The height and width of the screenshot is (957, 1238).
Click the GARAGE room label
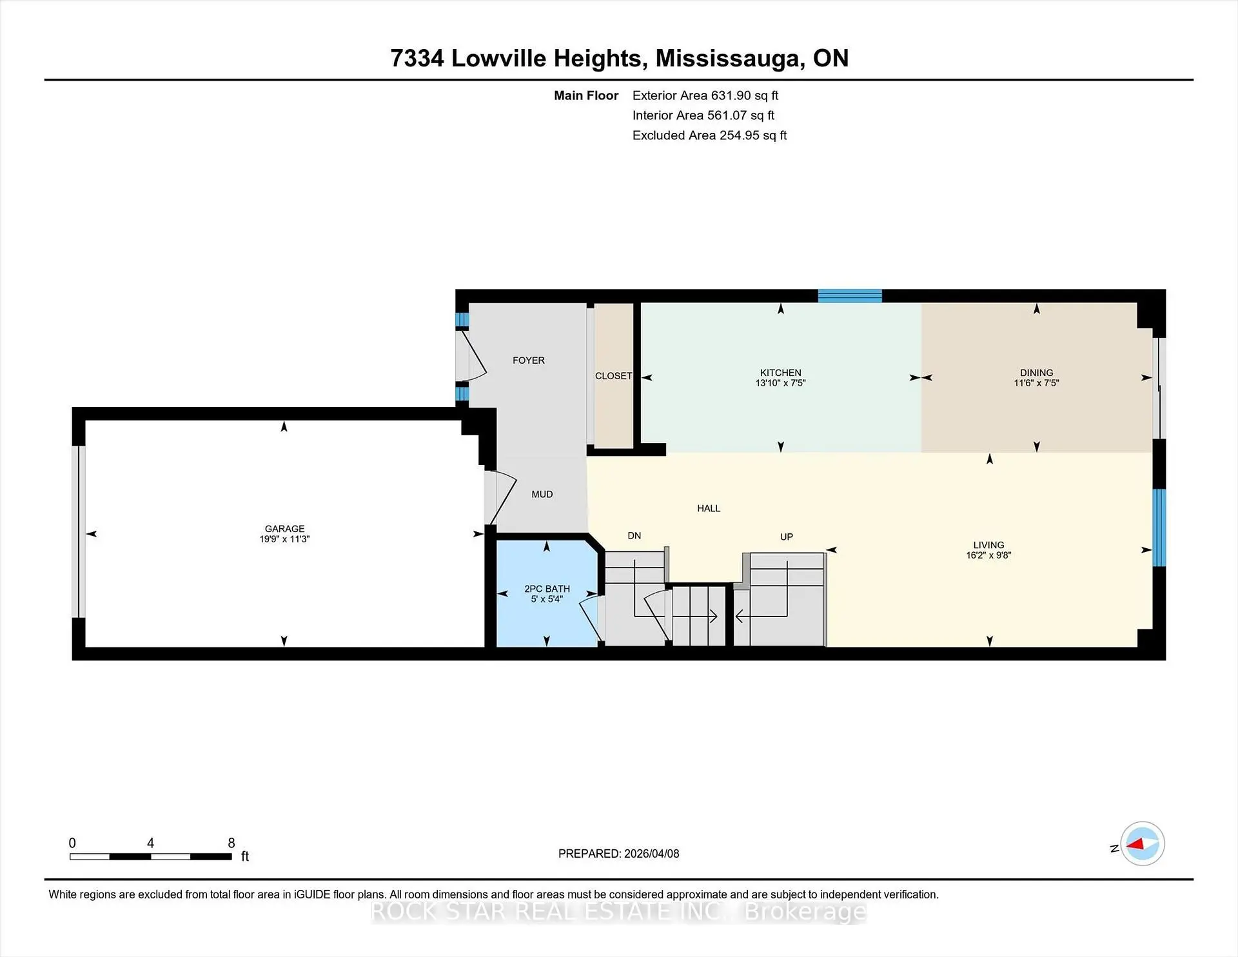coord(284,528)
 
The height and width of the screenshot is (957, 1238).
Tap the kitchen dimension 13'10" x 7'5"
coord(780,383)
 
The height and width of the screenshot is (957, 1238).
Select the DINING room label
coord(1036,373)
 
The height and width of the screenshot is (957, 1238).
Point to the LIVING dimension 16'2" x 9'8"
coord(988,555)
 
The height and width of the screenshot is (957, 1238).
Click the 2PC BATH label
coord(547,589)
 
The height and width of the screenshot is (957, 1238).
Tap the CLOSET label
coord(613,376)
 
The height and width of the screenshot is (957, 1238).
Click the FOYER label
coord(528,360)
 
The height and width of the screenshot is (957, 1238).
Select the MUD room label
coord(542,494)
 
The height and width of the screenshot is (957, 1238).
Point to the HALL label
coord(708,508)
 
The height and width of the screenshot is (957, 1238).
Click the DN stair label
coord(634,535)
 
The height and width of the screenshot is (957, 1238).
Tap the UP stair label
coord(786,537)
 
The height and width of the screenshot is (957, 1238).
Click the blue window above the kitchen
coord(849,296)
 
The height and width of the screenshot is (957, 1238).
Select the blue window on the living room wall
coord(1159,528)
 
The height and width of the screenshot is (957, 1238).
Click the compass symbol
coord(1142,844)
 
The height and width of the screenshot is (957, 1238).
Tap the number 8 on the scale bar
coord(231,843)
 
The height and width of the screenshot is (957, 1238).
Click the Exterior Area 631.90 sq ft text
coord(705,95)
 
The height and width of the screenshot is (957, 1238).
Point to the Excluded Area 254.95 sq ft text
coord(709,135)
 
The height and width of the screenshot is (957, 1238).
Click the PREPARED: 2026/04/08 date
coord(618,853)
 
